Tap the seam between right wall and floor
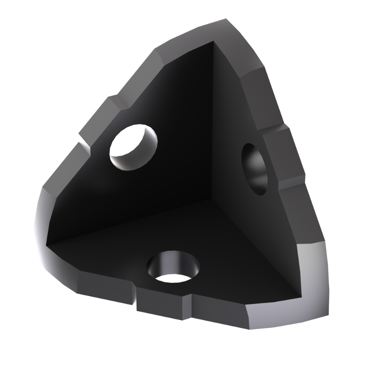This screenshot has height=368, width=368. pyautogui.click(x=258, y=239)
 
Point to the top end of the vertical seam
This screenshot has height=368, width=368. pyautogui.click(x=213, y=44)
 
